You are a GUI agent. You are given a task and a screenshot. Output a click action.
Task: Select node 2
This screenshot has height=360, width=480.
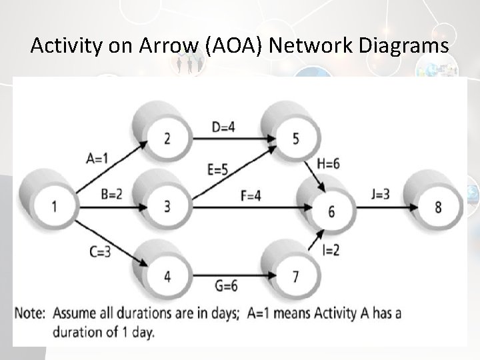167,138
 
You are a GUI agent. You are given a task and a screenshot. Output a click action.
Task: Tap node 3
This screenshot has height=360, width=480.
167,206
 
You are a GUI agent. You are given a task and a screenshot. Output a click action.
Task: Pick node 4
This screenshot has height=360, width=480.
167,275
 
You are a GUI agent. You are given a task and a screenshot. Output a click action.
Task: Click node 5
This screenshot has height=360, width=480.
295,138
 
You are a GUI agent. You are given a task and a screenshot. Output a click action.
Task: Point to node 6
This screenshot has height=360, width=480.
331,211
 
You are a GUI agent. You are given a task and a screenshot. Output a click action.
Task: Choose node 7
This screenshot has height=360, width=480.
295,275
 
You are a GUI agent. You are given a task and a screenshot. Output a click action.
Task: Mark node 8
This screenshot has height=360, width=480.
437,207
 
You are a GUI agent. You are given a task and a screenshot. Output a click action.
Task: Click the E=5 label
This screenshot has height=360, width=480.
219,170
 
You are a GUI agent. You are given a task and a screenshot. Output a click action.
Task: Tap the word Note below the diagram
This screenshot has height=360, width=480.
29,313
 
